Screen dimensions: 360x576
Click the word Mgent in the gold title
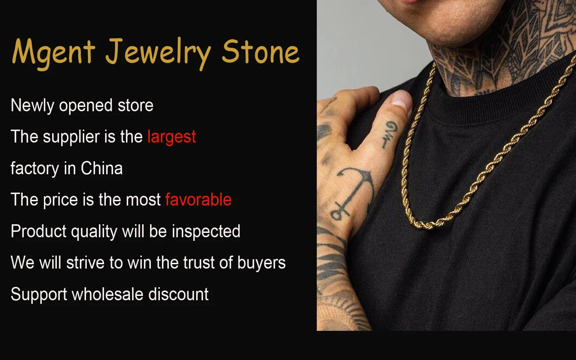53,52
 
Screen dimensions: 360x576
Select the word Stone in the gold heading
260,52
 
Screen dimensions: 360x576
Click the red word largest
172,137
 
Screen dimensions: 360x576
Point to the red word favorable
198,200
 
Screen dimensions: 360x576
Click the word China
102,168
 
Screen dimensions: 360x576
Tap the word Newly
32,106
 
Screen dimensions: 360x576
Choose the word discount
179,294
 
